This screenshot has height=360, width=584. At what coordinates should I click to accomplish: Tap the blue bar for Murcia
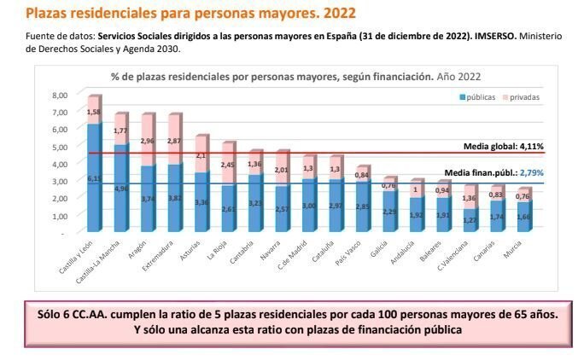pyautogui.click(x=524, y=218)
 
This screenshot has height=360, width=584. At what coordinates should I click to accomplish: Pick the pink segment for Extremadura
pyautogui.click(x=174, y=138)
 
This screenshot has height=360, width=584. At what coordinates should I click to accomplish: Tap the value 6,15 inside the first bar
pyautogui.click(x=93, y=178)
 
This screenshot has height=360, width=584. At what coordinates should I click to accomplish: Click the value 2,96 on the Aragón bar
pyautogui.click(x=148, y=140)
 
